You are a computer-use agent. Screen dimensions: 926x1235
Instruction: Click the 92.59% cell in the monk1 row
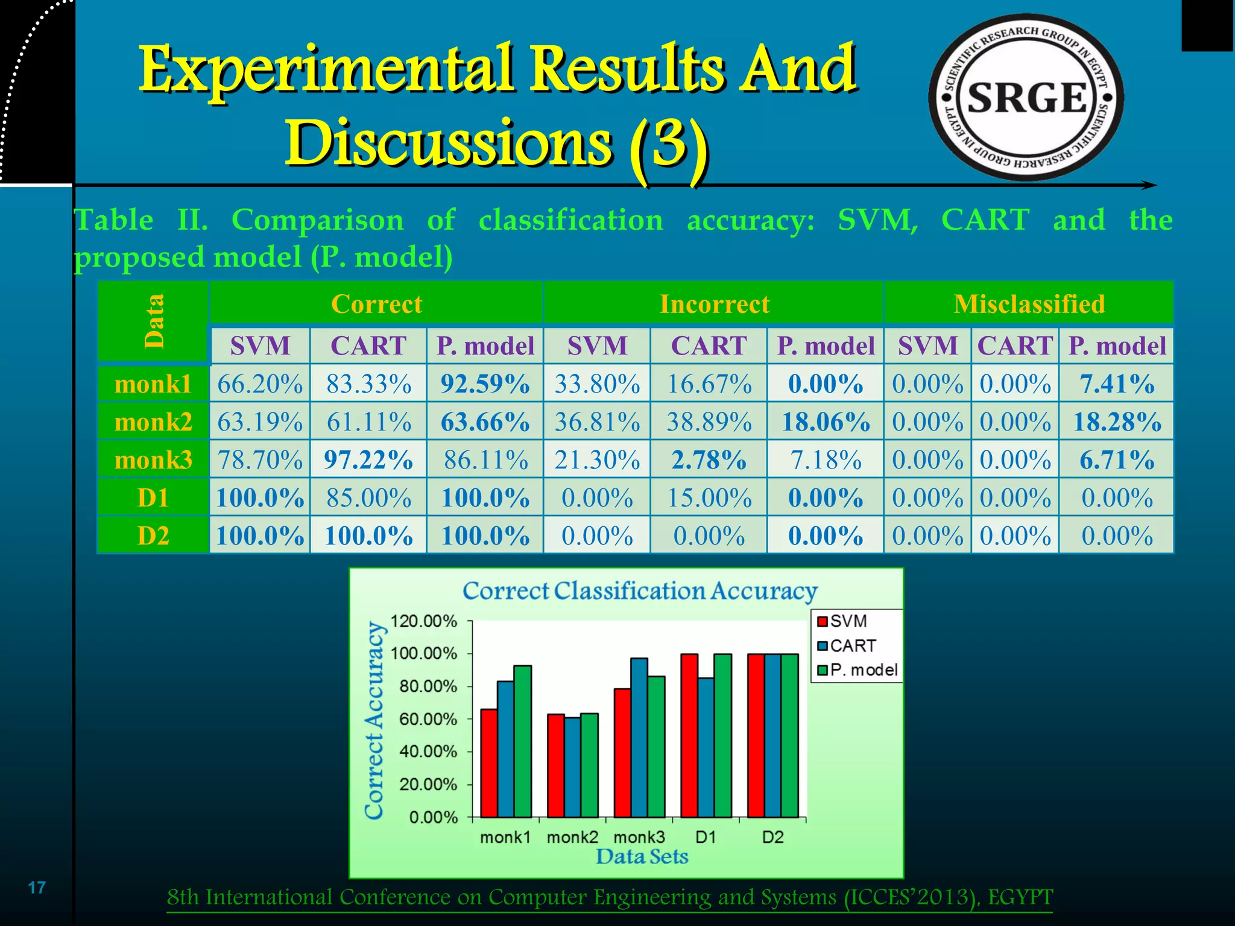coord(485,384)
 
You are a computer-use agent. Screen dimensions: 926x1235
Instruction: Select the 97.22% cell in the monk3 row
coord(368,460)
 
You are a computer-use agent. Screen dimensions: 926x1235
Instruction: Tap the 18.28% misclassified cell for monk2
coord(1117,422)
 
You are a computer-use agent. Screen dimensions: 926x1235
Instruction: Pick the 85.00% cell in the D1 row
coord(368,498)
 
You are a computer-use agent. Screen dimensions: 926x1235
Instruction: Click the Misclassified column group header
coord(1029,304)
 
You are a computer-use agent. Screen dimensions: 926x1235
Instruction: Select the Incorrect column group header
coord(714,304)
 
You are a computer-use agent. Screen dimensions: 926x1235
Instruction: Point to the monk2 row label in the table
coord(153,422)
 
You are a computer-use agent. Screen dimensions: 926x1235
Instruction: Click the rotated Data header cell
coord(154,321)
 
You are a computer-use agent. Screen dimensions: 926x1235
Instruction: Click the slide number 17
coord(37,887)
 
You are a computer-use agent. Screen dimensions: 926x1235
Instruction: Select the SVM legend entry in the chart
coord(842,621)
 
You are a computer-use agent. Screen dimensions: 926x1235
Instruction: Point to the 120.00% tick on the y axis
coord(423,621)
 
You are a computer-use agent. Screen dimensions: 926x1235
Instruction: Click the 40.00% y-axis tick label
coord(428,752)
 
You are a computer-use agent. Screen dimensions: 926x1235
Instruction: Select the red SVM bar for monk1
coord(489,763)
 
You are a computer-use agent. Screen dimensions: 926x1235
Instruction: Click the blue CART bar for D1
coord(706,748)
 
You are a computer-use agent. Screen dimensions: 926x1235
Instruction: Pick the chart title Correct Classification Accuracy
coord(640,591)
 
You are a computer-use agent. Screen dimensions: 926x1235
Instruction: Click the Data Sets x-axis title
coord(642,857)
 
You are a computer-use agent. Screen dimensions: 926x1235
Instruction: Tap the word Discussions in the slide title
coord(447,143)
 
